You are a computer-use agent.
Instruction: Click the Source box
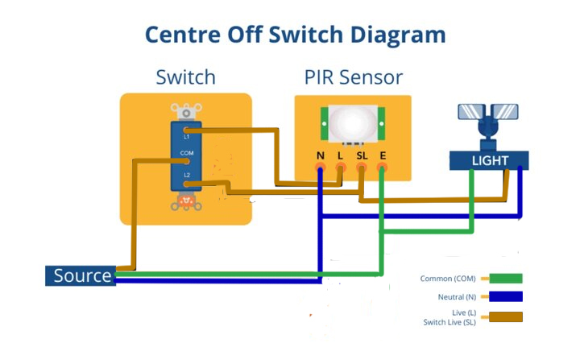pyautogui.click(x=81, y=276)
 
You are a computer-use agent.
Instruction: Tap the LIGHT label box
pyautogui.click(x=489, y=160)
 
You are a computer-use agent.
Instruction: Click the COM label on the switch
pyautogui.click(x=187, y=152)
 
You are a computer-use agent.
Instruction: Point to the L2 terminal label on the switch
pyautogui.click(x=186, y=175)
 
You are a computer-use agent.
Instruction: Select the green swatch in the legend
pyautogui.click(x=502, y=279)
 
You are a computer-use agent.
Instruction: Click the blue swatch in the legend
pyautogui.click(x=502, y=297)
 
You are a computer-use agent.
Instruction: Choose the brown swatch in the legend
pyautogui.click(x=502, y=317)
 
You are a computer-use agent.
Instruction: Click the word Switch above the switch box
pyautogui.click(x=185, y=77)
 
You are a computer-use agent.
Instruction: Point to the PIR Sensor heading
pyautogui.click(x=353, y=77)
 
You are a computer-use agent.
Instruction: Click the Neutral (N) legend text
pyautogui.click(x=453, y=297)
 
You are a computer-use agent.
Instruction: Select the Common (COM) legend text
pyautogui.click(x=448, y=279)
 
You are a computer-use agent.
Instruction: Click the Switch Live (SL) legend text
pyautogui.click(x=449, y=322)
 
